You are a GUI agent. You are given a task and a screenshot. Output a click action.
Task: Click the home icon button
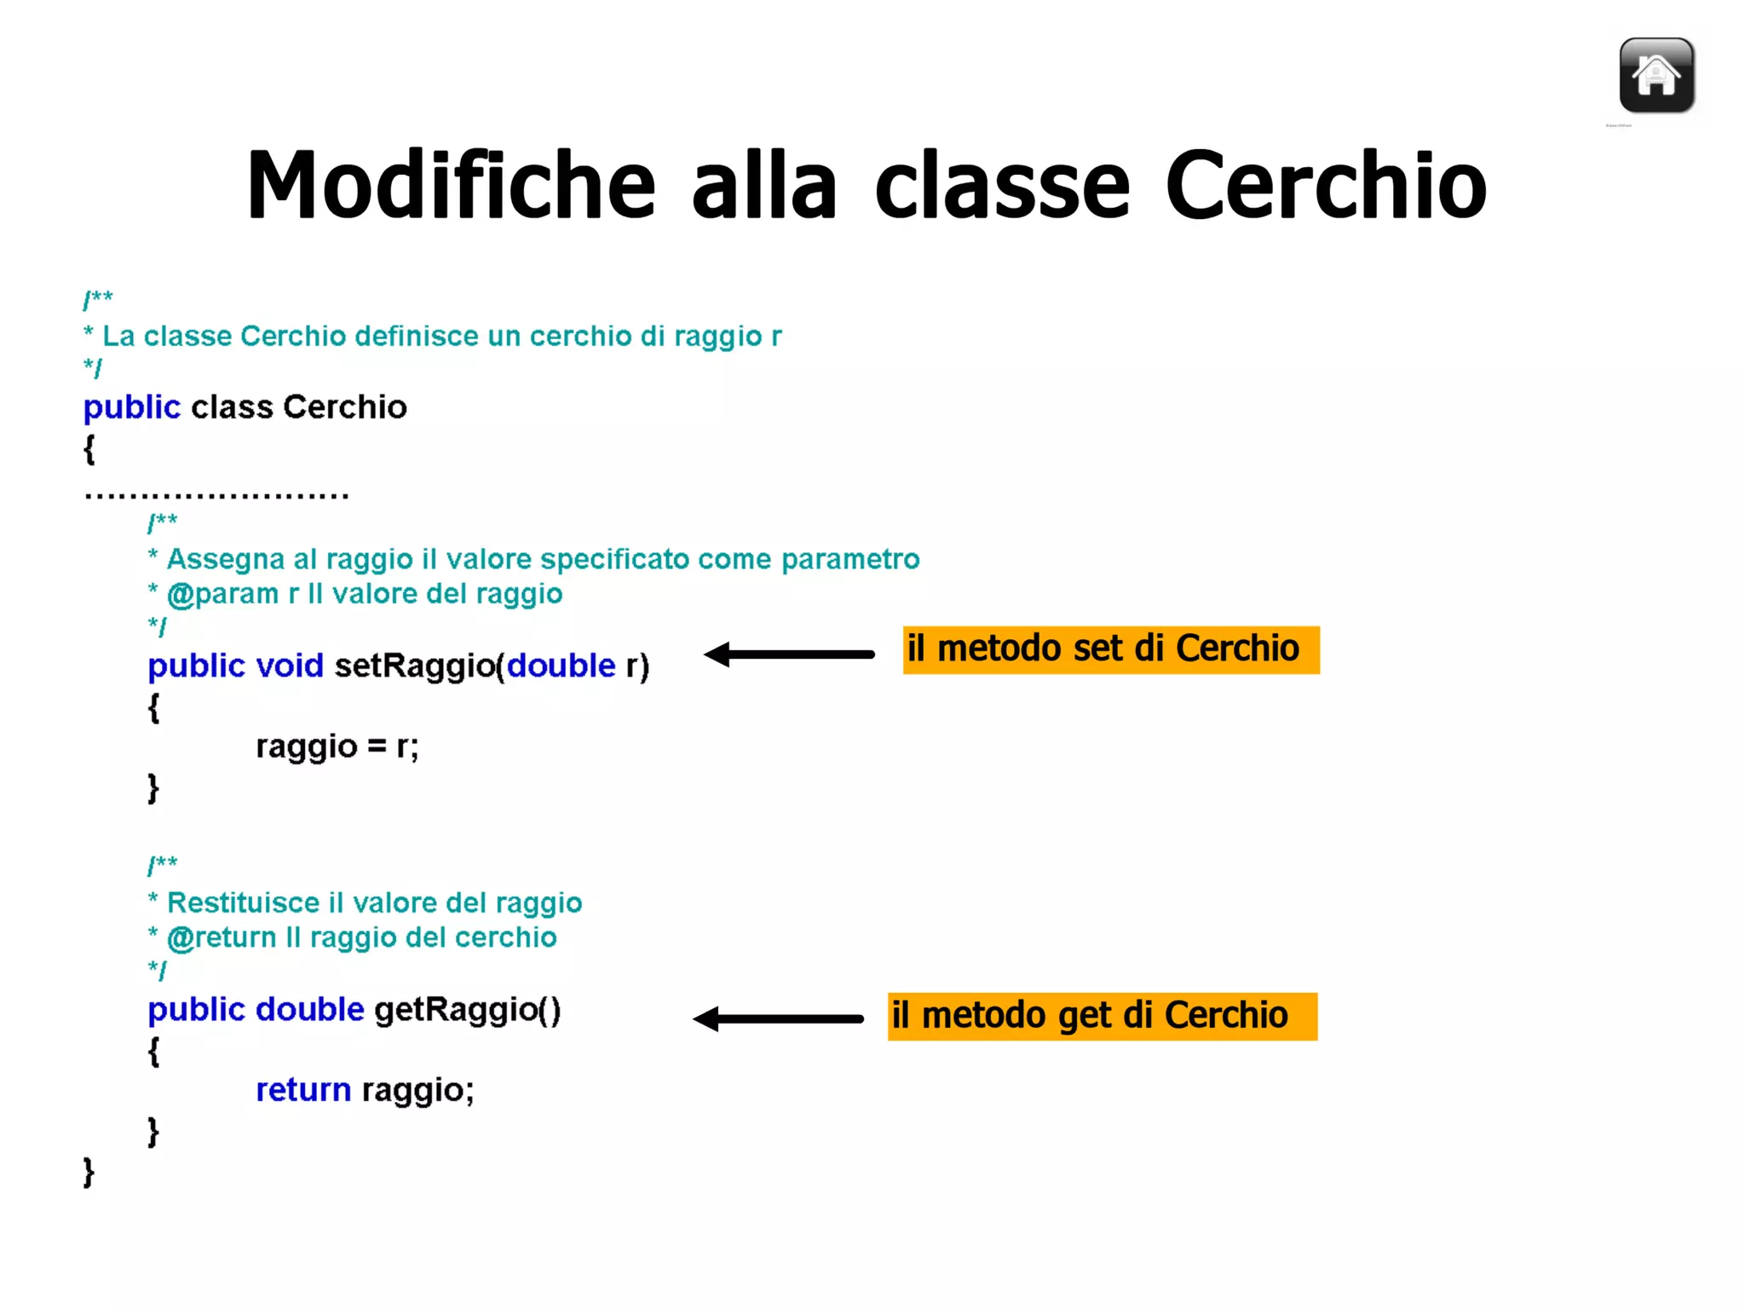1656,76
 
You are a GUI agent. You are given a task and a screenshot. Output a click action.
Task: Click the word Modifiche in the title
451,185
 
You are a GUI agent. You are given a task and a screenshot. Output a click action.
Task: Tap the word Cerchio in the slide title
1325,185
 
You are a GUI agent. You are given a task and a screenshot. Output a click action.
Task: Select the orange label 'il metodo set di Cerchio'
1110,649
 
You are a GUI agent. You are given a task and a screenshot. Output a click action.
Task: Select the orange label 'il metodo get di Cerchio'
1102,1016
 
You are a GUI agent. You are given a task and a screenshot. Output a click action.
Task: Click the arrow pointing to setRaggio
789,654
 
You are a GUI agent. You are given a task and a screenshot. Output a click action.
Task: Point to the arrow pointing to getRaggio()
778,1018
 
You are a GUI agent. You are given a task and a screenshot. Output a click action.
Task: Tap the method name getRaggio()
467,1010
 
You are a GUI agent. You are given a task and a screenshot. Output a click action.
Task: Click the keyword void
290,666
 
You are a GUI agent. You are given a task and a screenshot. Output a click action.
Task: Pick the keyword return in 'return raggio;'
303,1090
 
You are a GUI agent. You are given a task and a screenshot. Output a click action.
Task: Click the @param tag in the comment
222,594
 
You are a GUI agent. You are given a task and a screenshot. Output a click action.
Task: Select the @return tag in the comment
222,937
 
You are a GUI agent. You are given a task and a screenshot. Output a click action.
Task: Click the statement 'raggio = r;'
337,747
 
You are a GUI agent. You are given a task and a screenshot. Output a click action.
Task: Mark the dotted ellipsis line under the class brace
216,494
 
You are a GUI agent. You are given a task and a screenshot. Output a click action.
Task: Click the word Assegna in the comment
225,559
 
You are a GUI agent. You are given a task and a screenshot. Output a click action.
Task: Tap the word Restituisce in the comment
243,902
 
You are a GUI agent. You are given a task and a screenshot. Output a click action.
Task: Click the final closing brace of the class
89,1173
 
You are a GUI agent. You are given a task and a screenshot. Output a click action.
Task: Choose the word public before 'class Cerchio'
131,407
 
